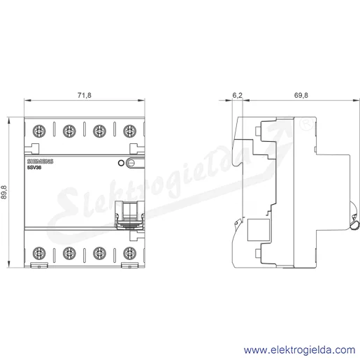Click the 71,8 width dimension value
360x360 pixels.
[x=85, y=95]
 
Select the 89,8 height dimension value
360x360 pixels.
[x=4, y=192]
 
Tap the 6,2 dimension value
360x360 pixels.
[x=238, y=95]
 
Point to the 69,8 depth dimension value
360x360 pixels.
[x=301, y=95]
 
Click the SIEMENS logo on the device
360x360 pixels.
[x=41, y=161]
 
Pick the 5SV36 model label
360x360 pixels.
[x=34, y=168]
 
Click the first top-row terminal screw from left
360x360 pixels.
[x=39, y=131]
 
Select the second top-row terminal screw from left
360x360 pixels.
[x=69, y=131]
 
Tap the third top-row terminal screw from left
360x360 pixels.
[x=99, y=131]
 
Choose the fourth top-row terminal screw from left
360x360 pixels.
[x=130, y=131]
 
